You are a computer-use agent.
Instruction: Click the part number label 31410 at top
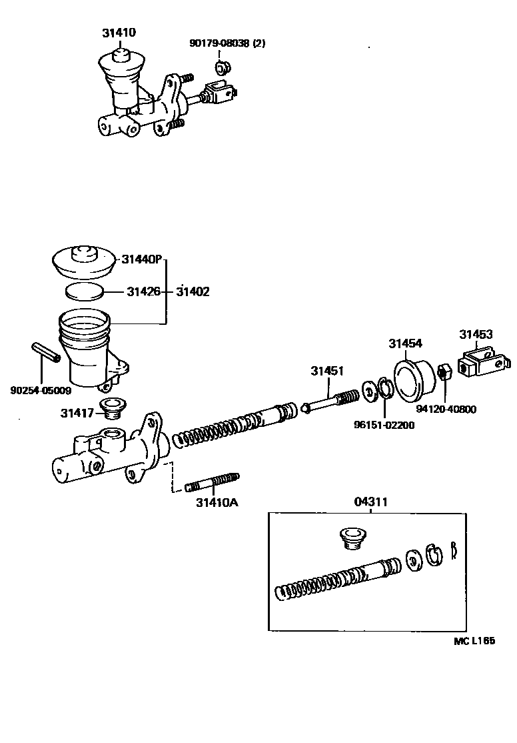click(119, 32)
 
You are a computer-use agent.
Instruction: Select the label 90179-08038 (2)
click(227, 44)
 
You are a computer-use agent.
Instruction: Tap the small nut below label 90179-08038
click(222, 67)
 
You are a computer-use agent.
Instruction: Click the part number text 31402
click(193, 291)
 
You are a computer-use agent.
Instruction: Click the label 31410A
click(217, 502)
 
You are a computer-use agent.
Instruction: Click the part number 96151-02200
click(384, 425)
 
